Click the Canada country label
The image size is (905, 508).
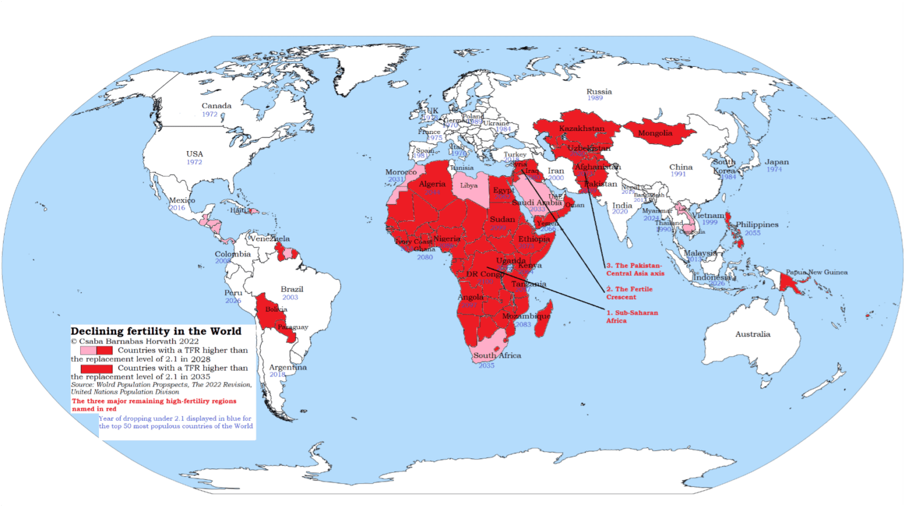216,106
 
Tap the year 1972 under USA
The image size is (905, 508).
194,162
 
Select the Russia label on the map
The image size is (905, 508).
599,91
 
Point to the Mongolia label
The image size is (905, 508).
655,133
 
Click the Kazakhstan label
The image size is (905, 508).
582,129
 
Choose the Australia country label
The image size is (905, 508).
752,335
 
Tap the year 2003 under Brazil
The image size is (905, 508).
290,297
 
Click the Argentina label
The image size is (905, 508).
288,367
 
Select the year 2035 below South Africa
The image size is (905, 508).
486,366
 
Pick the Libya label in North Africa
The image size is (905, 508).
468,185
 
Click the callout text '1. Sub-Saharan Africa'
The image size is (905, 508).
632,317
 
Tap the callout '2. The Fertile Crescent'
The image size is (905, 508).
629,293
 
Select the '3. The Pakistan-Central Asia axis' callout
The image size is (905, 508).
635,270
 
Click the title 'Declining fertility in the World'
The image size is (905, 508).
156,332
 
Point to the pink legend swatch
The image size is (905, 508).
88,350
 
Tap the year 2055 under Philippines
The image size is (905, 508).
752,233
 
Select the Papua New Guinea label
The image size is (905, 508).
817,272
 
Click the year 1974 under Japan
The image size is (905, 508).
774,170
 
